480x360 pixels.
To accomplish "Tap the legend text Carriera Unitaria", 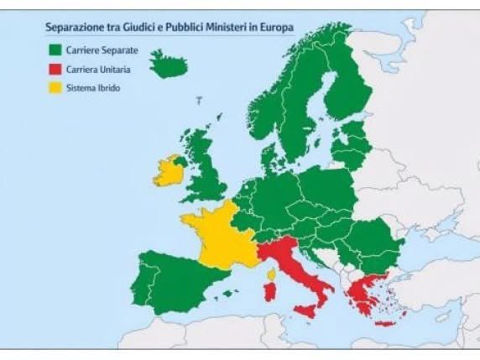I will pyautogui.click(x=99, y=69).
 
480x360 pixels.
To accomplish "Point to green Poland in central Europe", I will pyautogui.click(x=323, y=188).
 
